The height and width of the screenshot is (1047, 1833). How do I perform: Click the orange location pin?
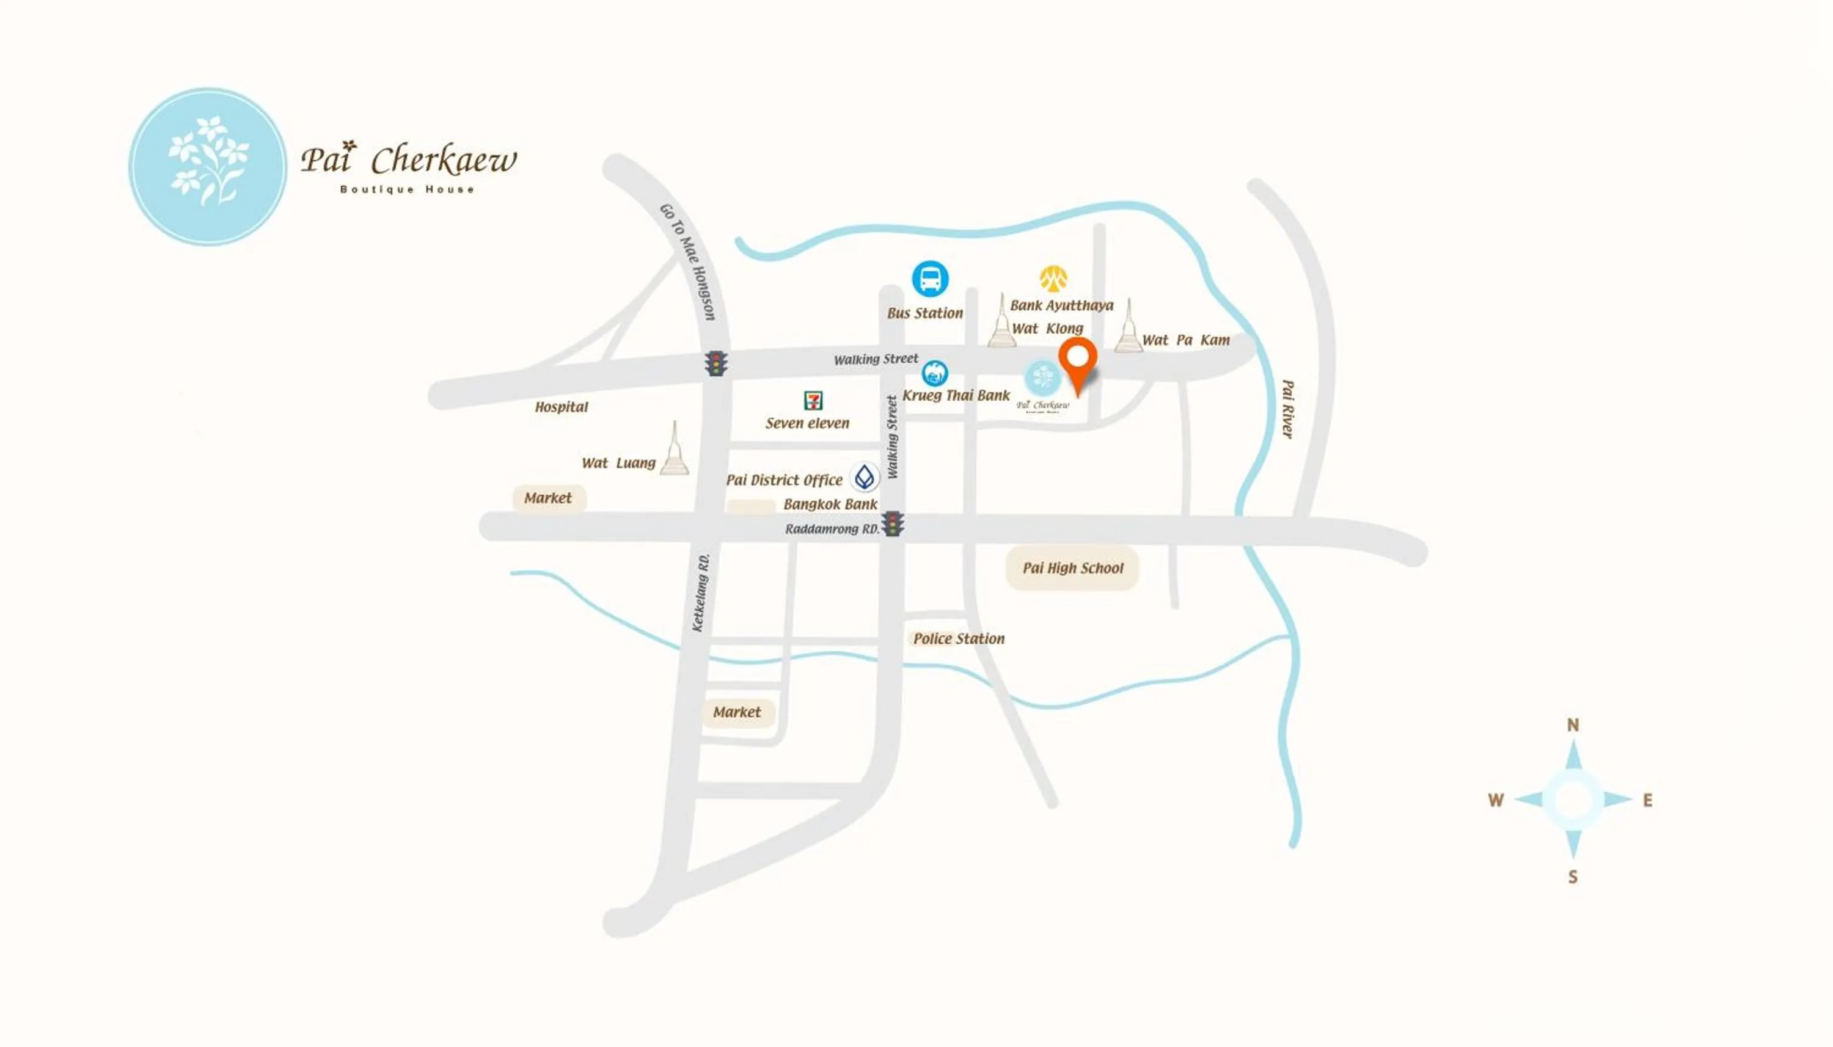point(1077,361)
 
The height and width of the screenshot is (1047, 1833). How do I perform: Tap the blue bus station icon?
point(930,279)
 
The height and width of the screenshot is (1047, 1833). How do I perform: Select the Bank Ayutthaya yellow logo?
point(1053,277)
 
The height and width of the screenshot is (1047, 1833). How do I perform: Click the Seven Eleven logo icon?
point(813,400)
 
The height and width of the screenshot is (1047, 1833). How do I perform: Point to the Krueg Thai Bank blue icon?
point(934,373)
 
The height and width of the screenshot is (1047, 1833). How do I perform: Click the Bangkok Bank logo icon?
point(865,476)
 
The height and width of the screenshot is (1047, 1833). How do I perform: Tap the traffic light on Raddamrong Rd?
point(893,523)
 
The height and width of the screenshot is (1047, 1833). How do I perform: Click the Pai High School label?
point(1072,568)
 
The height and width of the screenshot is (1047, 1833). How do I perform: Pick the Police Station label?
point(958,638)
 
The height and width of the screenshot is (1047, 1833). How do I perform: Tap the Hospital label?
point(561,407)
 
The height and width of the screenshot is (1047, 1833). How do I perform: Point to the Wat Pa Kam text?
point(1185,340)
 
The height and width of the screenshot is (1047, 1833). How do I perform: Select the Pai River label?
point(1287,409)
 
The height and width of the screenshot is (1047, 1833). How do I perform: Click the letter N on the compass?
point(1573,725)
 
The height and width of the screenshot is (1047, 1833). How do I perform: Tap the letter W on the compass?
point(1496,800)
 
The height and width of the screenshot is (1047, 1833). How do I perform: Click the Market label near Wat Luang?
point(548,498)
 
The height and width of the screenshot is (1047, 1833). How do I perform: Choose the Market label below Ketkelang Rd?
point(737,712)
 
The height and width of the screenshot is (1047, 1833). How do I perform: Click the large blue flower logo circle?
point(208,167)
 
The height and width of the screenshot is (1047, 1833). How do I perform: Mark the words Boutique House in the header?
point(407,190)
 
